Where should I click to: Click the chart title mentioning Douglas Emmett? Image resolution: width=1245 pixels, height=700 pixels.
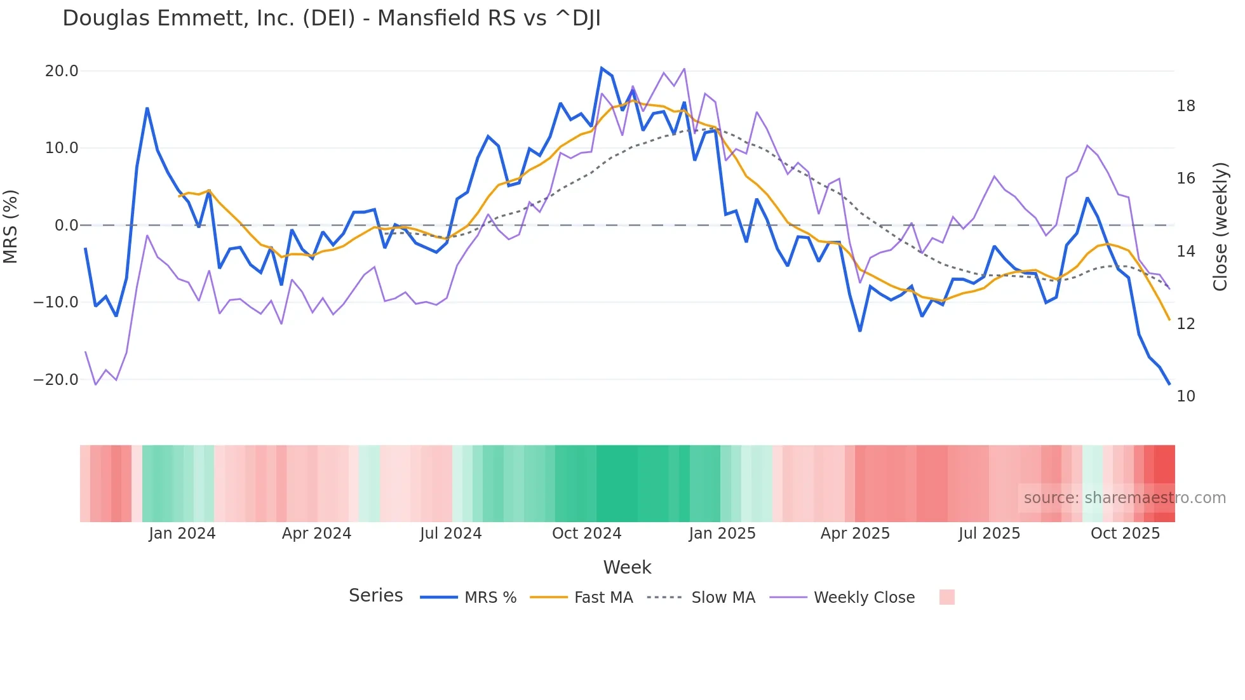pyautogui.click(x=331, y=18)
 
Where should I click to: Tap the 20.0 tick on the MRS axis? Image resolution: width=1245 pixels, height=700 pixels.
pyautogui.click(x=62, y=71)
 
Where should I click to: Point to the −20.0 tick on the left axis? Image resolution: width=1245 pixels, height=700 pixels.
pyautogui.click(x=56, y=380)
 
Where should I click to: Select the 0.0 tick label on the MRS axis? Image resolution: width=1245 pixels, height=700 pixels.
pyautogui.click(x=66, y=225)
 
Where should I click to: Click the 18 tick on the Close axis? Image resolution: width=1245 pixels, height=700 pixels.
pyautogui.click(x=1185, y=106)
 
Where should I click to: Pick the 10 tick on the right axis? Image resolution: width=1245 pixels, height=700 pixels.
pyautogui.click(x=1185, y=396)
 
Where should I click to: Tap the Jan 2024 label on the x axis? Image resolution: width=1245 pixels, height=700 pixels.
pyautogui.click(x=182, y=534)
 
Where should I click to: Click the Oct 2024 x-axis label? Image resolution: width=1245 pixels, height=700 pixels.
pyautogui.click(x=586, y=534)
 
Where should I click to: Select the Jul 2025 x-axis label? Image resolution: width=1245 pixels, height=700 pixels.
pyautogui.click(x=989, y=534)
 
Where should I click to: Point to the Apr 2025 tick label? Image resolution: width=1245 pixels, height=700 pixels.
pyautogui.click(x=855, y=534)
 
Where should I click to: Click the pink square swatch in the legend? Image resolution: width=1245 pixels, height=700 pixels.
pyautogui.click(x=946, y=597)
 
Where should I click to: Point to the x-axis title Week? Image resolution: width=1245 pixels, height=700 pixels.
pyautogui.click(x=627, y=567)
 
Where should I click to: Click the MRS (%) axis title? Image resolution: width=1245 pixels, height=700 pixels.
pyautogui.click(x=11, y=226)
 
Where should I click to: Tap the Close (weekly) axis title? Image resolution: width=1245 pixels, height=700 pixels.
pyautogui.click(x=1220, y=226)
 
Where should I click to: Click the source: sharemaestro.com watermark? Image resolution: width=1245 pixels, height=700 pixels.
pyautogui.click(x=1124, y=498)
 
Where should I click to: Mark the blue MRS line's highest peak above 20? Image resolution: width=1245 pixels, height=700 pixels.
pyautogui.click(x=602, y=68)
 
